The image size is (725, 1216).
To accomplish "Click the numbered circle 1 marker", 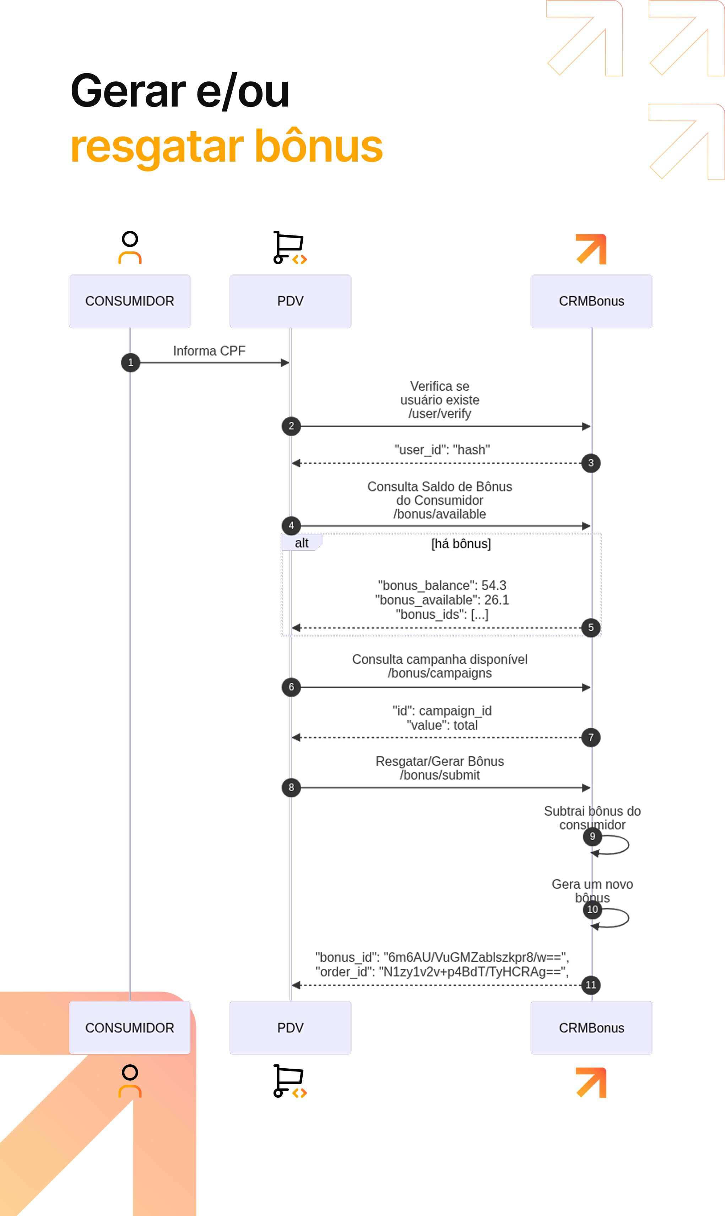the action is tap(130, 362).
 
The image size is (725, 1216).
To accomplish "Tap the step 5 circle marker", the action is tap(591, 628).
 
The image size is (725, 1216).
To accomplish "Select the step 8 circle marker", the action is tap(291, 787).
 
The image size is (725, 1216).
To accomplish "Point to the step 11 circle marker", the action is tap(591, 985).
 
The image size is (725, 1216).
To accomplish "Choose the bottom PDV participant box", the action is tap(290, 1027).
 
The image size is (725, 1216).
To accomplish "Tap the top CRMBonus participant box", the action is tap(592, 301).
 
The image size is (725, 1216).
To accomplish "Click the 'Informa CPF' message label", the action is tap(209, 351).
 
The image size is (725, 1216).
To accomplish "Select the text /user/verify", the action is tap(440, 414).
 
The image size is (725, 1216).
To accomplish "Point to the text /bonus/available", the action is tap(440, 514).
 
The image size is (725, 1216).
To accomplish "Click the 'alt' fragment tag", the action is tap(302, 543).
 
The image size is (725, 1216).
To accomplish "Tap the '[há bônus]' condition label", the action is tap(461, 543).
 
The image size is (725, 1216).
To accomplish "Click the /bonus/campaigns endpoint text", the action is tap(440, 673).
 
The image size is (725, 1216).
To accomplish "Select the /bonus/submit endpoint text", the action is tap(440, 775).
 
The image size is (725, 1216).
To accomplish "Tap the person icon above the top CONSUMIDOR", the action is tap(130, 248).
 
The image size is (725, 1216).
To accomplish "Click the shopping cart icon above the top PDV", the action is tap(290, 248).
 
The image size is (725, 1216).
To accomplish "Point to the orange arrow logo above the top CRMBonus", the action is tap(591, 249).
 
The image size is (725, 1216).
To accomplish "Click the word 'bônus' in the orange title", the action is tap(319, 146).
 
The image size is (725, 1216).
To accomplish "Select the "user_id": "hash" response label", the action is tap(442, 449).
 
